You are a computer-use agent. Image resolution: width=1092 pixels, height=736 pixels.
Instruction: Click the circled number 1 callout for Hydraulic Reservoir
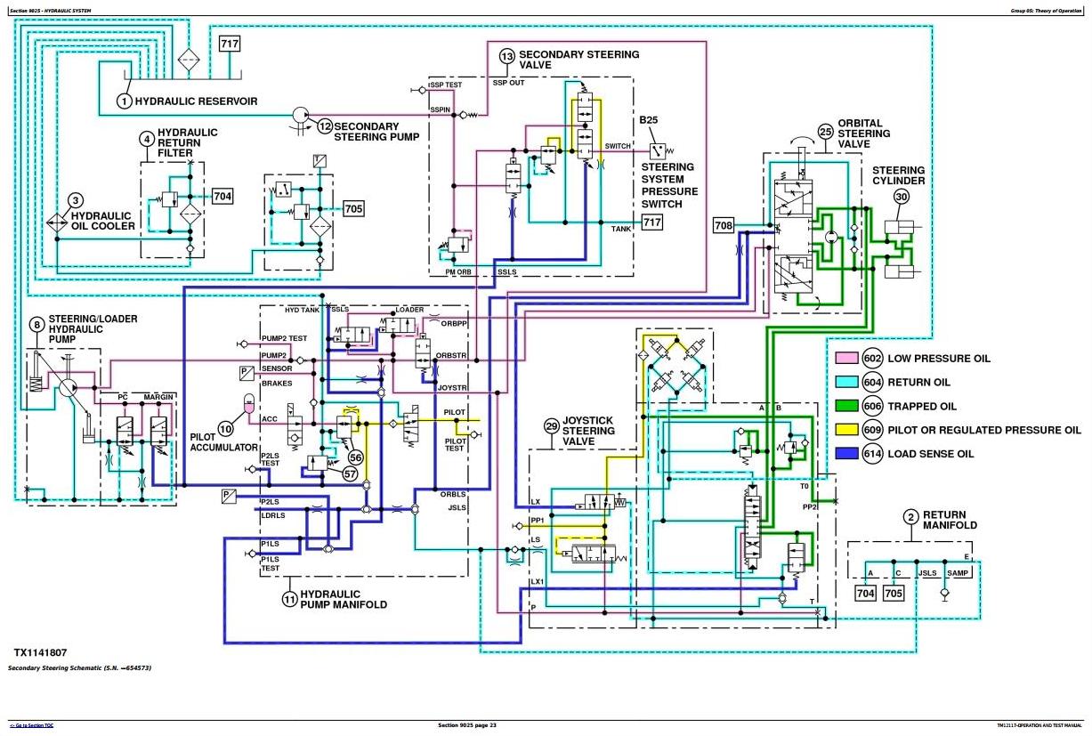click(x=125, y=101)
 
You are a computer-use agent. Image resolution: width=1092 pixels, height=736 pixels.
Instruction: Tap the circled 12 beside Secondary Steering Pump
click(x=324, y=126)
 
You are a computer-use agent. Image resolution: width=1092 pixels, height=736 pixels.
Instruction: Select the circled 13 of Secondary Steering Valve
click(x=506, y=57)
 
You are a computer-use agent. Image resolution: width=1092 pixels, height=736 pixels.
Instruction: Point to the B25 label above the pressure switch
click(x=649, y=120)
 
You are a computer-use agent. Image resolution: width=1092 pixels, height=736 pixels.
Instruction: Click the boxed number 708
click(x=724, y=226)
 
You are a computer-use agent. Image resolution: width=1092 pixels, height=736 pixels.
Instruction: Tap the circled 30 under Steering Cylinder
click(x=902, y=198)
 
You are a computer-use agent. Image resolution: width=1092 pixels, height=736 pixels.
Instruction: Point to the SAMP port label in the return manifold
click(x=958, y=572)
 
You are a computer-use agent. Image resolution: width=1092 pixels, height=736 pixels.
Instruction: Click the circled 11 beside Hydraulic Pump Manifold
click(x=289, y=599)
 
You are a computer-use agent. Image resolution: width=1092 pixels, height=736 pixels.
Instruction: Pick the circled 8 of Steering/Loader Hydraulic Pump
click(x=36, y=325)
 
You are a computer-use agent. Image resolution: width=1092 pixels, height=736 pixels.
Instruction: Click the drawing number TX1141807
click(x=41, y=652)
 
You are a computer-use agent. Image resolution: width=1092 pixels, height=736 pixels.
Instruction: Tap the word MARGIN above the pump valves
click(x=159, y=396)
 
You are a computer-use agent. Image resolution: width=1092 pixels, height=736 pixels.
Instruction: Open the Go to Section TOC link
click(x=32, y=725)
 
